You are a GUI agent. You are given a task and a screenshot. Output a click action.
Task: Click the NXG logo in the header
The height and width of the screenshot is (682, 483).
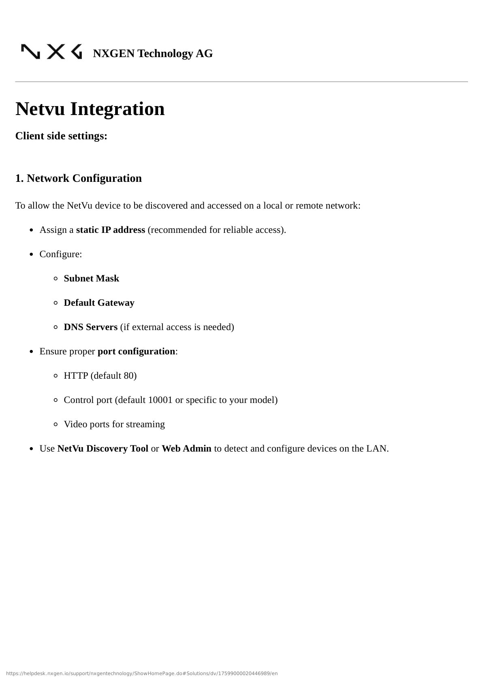click(x=51, y=52)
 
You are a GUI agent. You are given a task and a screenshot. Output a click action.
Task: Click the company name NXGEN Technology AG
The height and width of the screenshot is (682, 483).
click(x=152, y=53)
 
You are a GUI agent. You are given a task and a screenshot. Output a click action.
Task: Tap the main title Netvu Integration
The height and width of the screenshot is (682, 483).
click(x=90, y=109)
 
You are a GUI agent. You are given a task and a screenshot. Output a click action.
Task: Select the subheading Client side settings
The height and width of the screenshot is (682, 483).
click(x=61, y=136)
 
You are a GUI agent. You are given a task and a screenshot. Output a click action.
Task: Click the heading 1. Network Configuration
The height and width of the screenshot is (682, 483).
click(x=78, y=178)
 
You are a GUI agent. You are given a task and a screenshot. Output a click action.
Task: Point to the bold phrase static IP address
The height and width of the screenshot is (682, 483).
click(x=110, y=230)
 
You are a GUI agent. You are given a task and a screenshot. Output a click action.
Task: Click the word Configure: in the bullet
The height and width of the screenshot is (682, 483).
click(x=61, y=254)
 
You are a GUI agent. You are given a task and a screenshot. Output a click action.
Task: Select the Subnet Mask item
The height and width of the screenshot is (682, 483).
click(x=91, y=279)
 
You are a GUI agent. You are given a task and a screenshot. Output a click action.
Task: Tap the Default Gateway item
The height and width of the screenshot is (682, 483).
click(x=99, y=303)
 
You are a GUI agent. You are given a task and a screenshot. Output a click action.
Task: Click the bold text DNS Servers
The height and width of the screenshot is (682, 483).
click(x=90, y=327)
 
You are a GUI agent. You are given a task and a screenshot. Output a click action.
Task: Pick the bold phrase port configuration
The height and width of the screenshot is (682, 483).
click(x=136, y=352)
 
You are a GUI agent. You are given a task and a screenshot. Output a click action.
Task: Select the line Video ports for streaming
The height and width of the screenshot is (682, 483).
click(x=114, y=424)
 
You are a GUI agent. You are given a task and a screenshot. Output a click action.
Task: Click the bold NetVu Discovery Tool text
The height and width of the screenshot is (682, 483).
click(x=103, y=449)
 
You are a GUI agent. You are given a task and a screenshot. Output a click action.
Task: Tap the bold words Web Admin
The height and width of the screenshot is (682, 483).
click(x=186, y=449)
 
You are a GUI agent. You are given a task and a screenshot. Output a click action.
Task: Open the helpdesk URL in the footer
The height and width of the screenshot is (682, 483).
click(x=142, y=673)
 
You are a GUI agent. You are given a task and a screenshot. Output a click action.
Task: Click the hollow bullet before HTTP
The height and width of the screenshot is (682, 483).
click(x=56, y=376)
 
